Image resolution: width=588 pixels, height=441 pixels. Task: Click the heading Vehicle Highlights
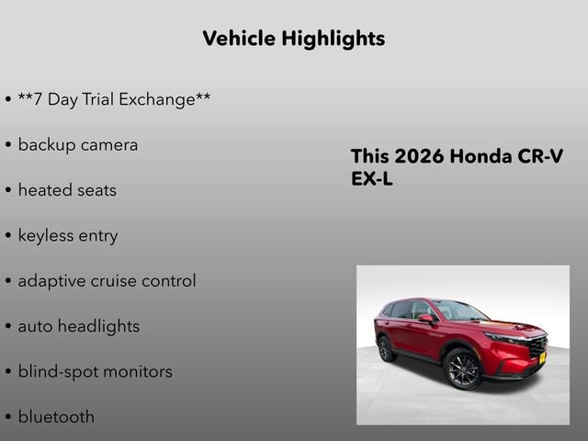click(293, 39)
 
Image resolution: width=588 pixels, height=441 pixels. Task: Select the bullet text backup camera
click(78, 144)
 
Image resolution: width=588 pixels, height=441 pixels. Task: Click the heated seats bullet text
click(67, 190)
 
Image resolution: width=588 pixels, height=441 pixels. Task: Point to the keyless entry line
click(68, 235)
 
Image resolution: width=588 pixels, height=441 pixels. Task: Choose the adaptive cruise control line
click(107, 280)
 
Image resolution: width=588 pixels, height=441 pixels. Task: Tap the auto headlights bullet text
click(79, 326)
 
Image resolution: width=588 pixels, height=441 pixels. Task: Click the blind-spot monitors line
click(95, 371)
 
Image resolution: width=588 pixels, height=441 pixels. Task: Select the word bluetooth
click(56, 416)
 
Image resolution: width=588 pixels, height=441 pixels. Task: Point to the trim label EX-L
click(372, 179)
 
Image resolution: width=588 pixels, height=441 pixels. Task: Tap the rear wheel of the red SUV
click(387, 348)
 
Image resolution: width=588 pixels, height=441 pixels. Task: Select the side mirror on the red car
click(425, 319)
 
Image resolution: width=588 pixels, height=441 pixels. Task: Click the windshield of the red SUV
click(459, 311)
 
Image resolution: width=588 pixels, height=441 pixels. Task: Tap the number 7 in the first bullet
click(37, 99)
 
